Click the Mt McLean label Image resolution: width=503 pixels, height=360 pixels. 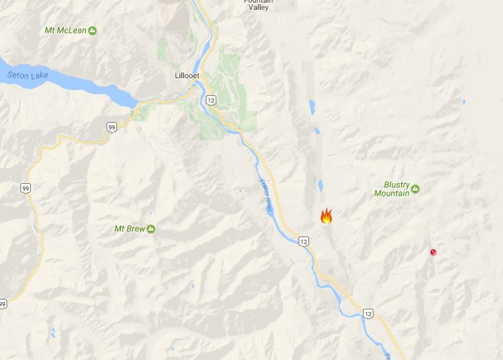[x=65, y=31]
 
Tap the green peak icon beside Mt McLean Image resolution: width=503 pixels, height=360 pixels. [x=92, y=30]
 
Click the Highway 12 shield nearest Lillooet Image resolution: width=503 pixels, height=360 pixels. [x=210, y=100]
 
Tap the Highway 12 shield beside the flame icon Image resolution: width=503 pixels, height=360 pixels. [x=302, y=241]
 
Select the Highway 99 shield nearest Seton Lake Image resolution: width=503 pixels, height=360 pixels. [x=112, y=127]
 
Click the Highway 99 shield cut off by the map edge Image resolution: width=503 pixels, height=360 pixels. [x=3, y=304]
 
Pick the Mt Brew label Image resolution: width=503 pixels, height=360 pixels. [x=130, y=229]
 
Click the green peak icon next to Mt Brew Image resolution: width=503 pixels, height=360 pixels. [x=151, y=229]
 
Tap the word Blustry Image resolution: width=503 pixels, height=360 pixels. [x=396, y=185]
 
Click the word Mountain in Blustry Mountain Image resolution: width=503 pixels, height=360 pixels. [x=392, y=193]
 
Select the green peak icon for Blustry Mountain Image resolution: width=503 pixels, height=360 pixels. [x=416, y=190]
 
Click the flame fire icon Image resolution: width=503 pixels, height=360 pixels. [x=326, y=216]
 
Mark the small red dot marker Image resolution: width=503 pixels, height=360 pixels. [x=433, y=252]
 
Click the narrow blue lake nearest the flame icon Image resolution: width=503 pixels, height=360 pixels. [x=320, y=186]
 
